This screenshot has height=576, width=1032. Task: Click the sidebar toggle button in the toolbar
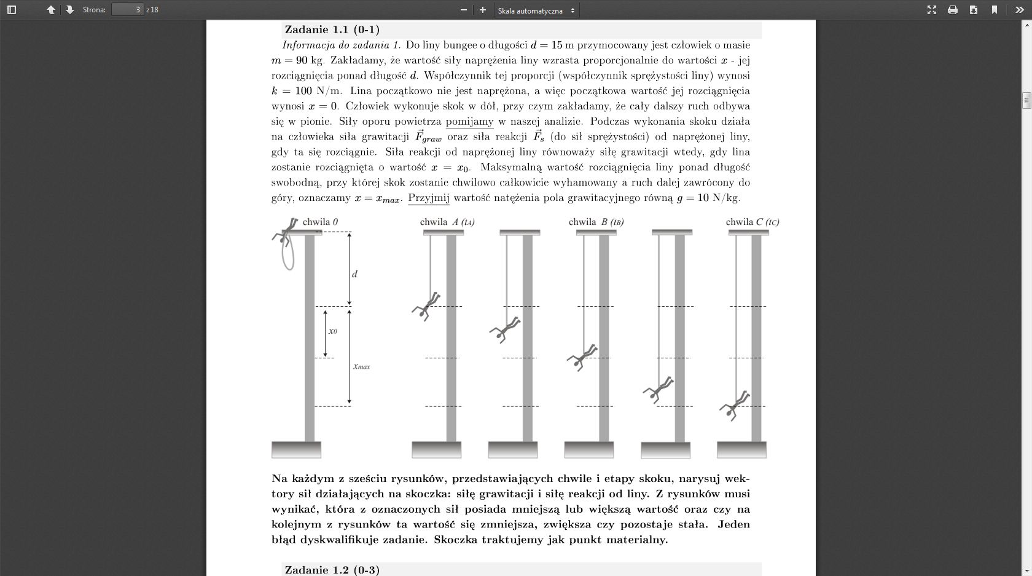click(12, 10)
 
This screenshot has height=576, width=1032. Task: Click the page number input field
click(127, 10)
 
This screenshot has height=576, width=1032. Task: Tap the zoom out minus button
click(464, 10)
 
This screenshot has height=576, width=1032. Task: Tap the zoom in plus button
click(483, 10)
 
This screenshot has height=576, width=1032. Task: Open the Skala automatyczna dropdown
click(536, 10)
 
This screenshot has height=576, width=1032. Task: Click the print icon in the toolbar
click(953, 10)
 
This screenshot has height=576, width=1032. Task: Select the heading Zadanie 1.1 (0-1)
click(332, 30)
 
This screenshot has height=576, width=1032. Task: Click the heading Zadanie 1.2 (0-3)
click(332, 570)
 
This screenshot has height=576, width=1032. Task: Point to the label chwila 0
click(320, 222)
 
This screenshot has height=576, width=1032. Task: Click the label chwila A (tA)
click(447, 222)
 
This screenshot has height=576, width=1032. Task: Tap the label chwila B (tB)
click(596, 222)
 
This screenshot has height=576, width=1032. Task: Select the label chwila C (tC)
click(752, 222)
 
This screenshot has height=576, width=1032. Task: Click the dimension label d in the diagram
click(354, 274)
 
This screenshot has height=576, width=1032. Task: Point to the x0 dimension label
click(332, 331)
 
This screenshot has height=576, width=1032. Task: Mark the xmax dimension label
click(361, 367)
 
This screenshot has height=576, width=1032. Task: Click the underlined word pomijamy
click(469, 122)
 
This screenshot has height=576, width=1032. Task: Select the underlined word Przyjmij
click(429, 198)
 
